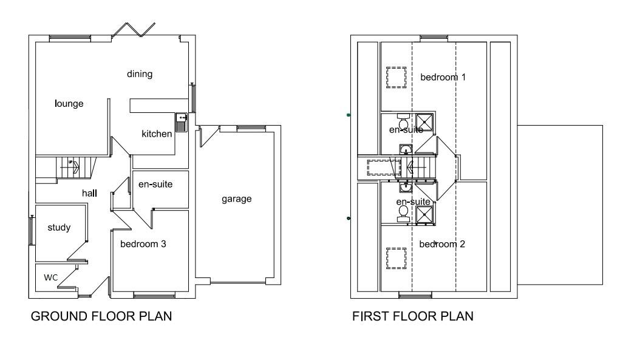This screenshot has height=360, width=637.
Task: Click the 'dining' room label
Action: [x=139, y=74]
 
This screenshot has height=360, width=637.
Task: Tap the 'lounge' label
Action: [x=69, y=104]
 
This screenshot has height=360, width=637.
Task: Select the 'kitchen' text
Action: [x=157, y=134]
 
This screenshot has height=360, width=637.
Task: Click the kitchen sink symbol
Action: [x=181, y=122]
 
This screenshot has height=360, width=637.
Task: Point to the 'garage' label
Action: [x=236, y=199]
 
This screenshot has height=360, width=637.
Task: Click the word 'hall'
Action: [x=90, y=193]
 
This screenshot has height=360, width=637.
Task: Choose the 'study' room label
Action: [x=59, y=228]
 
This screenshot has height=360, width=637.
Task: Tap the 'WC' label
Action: [x=50, y=277]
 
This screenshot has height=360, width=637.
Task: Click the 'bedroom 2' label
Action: [x=442, y=244]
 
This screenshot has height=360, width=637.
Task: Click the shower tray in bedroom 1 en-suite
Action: [x=425, y=122]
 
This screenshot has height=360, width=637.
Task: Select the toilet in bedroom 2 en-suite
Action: [x=403, y=212]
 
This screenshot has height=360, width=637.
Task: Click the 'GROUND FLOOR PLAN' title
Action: [x=101, y=316]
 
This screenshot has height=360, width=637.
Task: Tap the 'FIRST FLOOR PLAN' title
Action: [x=413, y=316]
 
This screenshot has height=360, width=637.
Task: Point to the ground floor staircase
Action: [x=67, y=168]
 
